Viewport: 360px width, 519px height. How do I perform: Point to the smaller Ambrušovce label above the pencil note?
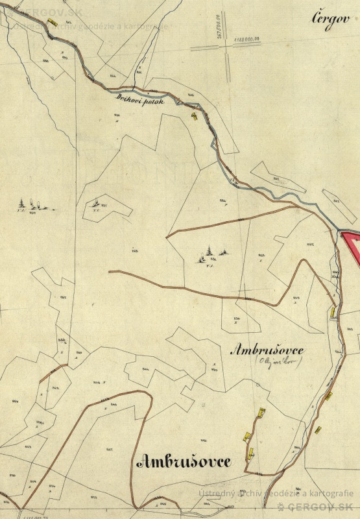coord(267,350)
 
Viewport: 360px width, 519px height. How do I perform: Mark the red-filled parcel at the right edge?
coord(351,247)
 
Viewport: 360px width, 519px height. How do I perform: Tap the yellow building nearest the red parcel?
coord(333,312)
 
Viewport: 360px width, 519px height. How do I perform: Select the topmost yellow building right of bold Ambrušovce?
coord(261,411)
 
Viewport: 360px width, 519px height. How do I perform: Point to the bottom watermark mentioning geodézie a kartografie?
coord(276,493)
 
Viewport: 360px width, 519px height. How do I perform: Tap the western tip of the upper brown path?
coord(167,237)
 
